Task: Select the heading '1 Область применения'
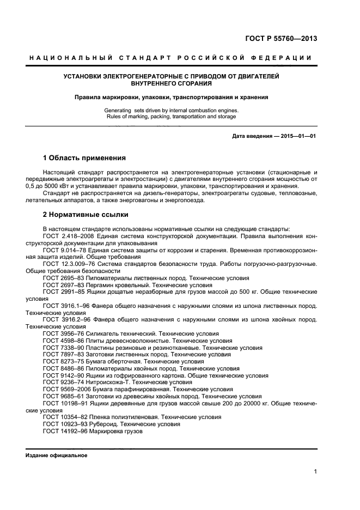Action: click(x=84, y=158)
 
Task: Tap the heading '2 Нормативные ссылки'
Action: click(x=85, y=214)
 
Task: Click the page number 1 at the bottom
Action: click(x=316, y=472)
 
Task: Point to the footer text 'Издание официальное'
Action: click(x=56, y=455)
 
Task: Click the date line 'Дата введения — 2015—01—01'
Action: click(x=274, y=136)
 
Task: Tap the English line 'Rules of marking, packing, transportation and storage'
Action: click(x=170, y=117)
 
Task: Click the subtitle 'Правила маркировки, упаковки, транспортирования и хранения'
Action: click(x=171, y=98)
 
